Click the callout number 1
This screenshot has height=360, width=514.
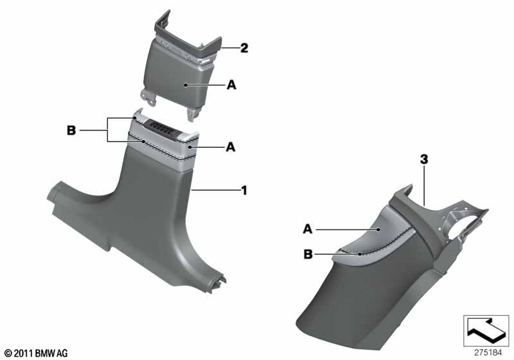click(x=244, y=190)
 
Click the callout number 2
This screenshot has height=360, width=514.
click(x=244, y=48)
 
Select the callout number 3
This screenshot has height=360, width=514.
click(x=424, y=159)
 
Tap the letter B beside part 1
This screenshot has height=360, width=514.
click(x=71, y=130)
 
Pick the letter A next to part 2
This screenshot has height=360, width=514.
click(x=231, y=85)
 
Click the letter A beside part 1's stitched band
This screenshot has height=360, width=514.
click(x=231, y=147)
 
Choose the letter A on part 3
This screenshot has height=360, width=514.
click(x=308, y=230)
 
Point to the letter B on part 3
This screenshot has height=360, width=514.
click(x=308, y=254)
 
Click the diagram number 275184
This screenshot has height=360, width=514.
click(x=488, y=353)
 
